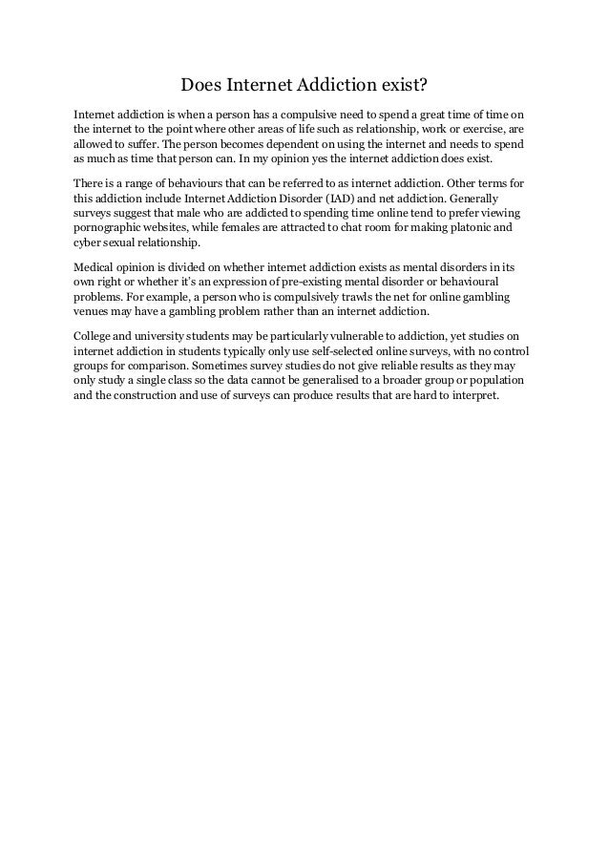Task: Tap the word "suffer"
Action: (x=141, y=142)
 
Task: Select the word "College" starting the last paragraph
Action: (x=97, y=335)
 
